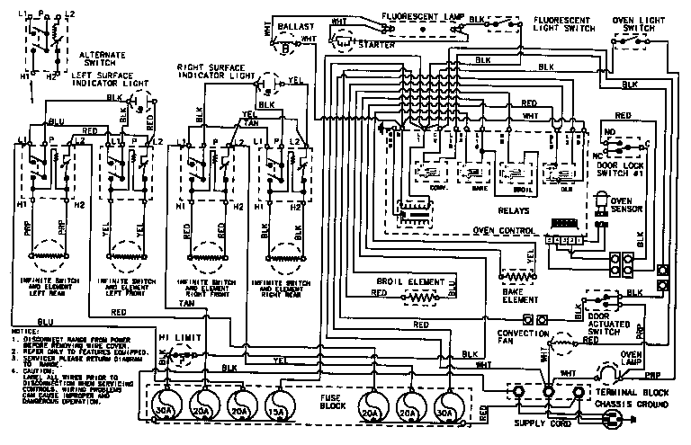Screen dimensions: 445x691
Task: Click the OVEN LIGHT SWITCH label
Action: click(x=638, y=22)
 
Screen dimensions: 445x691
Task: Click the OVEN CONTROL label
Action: click(x=504, y=230)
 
